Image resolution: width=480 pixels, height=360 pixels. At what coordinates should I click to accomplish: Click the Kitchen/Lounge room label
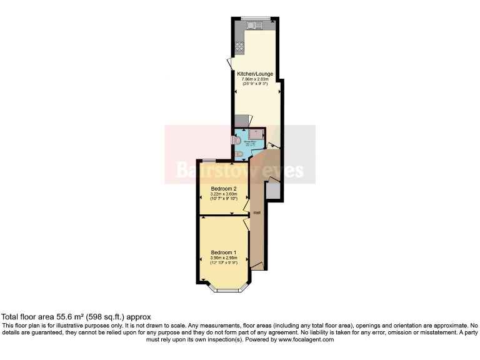pyautogui.click(x=255, y=74)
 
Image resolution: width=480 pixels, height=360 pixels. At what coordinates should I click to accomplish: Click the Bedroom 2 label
pyautogui.click(x=223, y=189)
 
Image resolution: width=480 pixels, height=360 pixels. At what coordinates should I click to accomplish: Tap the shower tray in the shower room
pyautogui.click(x=257, y=133)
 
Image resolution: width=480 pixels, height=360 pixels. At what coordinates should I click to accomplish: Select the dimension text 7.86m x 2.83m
pyautogui.click(x=255, y=79)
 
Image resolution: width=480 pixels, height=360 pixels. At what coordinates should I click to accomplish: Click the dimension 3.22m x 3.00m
pyautogui.click(x=223, y=194)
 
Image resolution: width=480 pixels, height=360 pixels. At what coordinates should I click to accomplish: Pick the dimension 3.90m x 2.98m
pyautogui.click(x=223, y=257)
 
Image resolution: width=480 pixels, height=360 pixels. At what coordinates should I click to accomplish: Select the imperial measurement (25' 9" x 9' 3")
pyautogui.click(x=255, y=84)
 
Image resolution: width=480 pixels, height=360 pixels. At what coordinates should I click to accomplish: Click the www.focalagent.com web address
pyautogui.click(x=307, y=339)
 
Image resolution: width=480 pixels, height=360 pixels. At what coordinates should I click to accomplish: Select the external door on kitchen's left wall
pyautogui.click(x=230, y=63)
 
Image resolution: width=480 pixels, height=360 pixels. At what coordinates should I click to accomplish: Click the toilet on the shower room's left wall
pyautogui.click(x=237, y=140)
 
